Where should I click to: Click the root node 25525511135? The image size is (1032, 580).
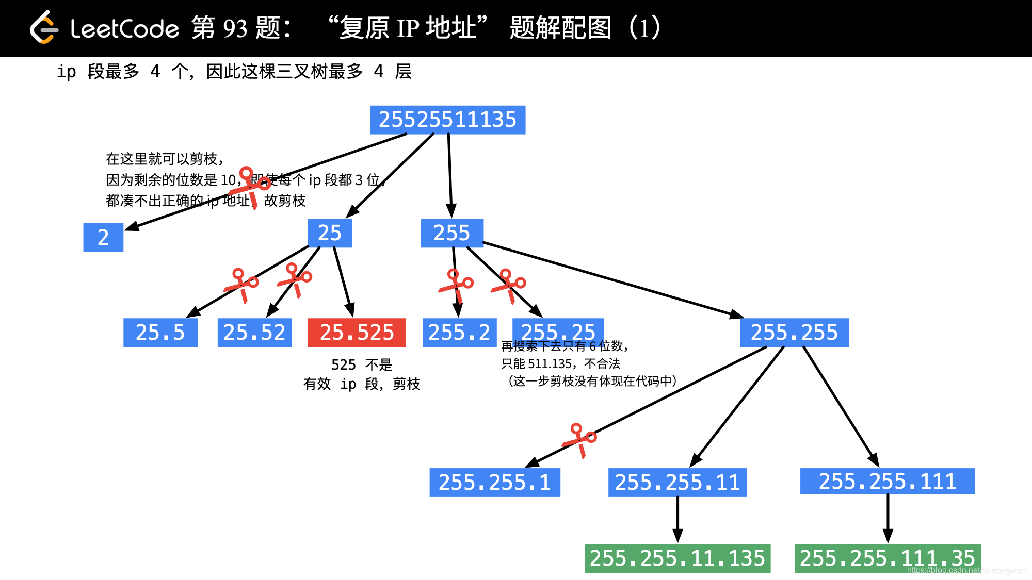coord(447,120)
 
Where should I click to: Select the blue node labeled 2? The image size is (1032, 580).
coord(103,237)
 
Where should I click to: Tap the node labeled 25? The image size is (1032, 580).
coord(329,233)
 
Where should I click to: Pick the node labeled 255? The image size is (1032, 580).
coord(451,233)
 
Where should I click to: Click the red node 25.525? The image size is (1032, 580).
coord(357,333)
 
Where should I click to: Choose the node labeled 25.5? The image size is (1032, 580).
coord(160,333)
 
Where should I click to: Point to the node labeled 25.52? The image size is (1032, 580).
coord(254,333)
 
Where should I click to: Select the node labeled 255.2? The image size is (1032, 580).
coord(459,333)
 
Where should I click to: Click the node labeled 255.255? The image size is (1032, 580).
coord(794,333)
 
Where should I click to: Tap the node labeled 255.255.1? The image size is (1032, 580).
coord(494,483)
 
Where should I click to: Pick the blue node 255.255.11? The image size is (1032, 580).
coord(678,483)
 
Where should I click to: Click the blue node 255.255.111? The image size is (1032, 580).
coord(887,482)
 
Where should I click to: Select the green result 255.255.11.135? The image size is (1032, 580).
coord(677,558)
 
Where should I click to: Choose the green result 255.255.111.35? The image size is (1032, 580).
coord(887,558)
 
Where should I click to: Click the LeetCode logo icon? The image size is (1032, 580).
coord(44,28)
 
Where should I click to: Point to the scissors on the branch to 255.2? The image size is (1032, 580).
coord(456,285)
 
